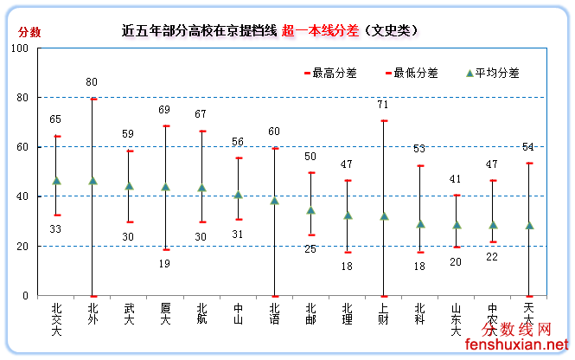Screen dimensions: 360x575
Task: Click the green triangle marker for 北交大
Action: click(57, 181)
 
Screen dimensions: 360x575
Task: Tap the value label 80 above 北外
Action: click(92, 82)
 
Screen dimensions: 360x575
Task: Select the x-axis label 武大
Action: click(129, 314)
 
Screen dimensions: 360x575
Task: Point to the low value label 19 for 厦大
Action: click(164, 264)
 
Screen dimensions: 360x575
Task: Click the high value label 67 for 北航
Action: click(201, 114)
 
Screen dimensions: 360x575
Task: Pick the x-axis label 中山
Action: click(238, 314)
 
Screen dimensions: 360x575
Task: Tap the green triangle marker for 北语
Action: click(274, 201)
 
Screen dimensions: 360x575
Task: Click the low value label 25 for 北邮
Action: click(310, 249)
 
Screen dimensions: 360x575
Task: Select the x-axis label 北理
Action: click(347, 314)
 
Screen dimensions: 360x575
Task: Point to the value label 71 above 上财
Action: click(383, 105)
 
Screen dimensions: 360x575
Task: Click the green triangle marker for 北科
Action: click(420, 224)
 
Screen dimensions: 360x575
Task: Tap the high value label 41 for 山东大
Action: click(456, 179)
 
